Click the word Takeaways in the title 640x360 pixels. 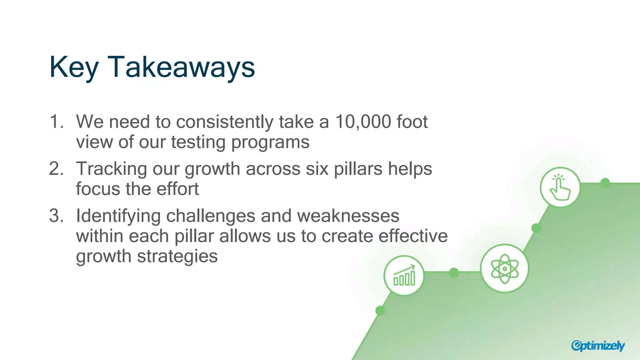coord(181,67)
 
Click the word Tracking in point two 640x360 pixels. coord(111,169)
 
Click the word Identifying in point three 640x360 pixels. coord(118,216)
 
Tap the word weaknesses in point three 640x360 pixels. coord(348,216)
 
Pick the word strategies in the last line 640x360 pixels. coord(177,257)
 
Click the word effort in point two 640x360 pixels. coord(177,189)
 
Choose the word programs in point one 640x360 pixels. coord(270,142)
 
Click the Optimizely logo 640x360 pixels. coord(597,346)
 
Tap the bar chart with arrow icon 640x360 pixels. coord(404,276)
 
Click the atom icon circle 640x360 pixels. coord(504,268)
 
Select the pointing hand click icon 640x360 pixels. coord(560,187)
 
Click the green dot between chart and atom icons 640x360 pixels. coord(454,272)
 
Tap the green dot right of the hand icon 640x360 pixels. coord(605,183)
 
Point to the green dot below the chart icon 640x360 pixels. coord(380,311)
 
